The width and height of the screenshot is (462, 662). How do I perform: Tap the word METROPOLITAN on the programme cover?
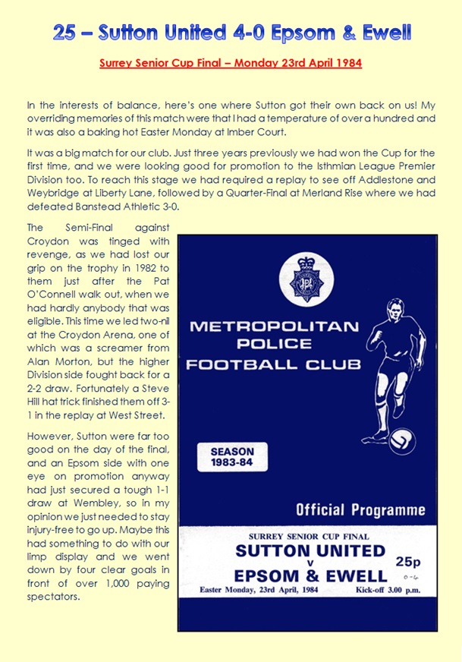coord(274,327)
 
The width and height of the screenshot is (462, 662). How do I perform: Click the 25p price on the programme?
coord(407,561)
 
